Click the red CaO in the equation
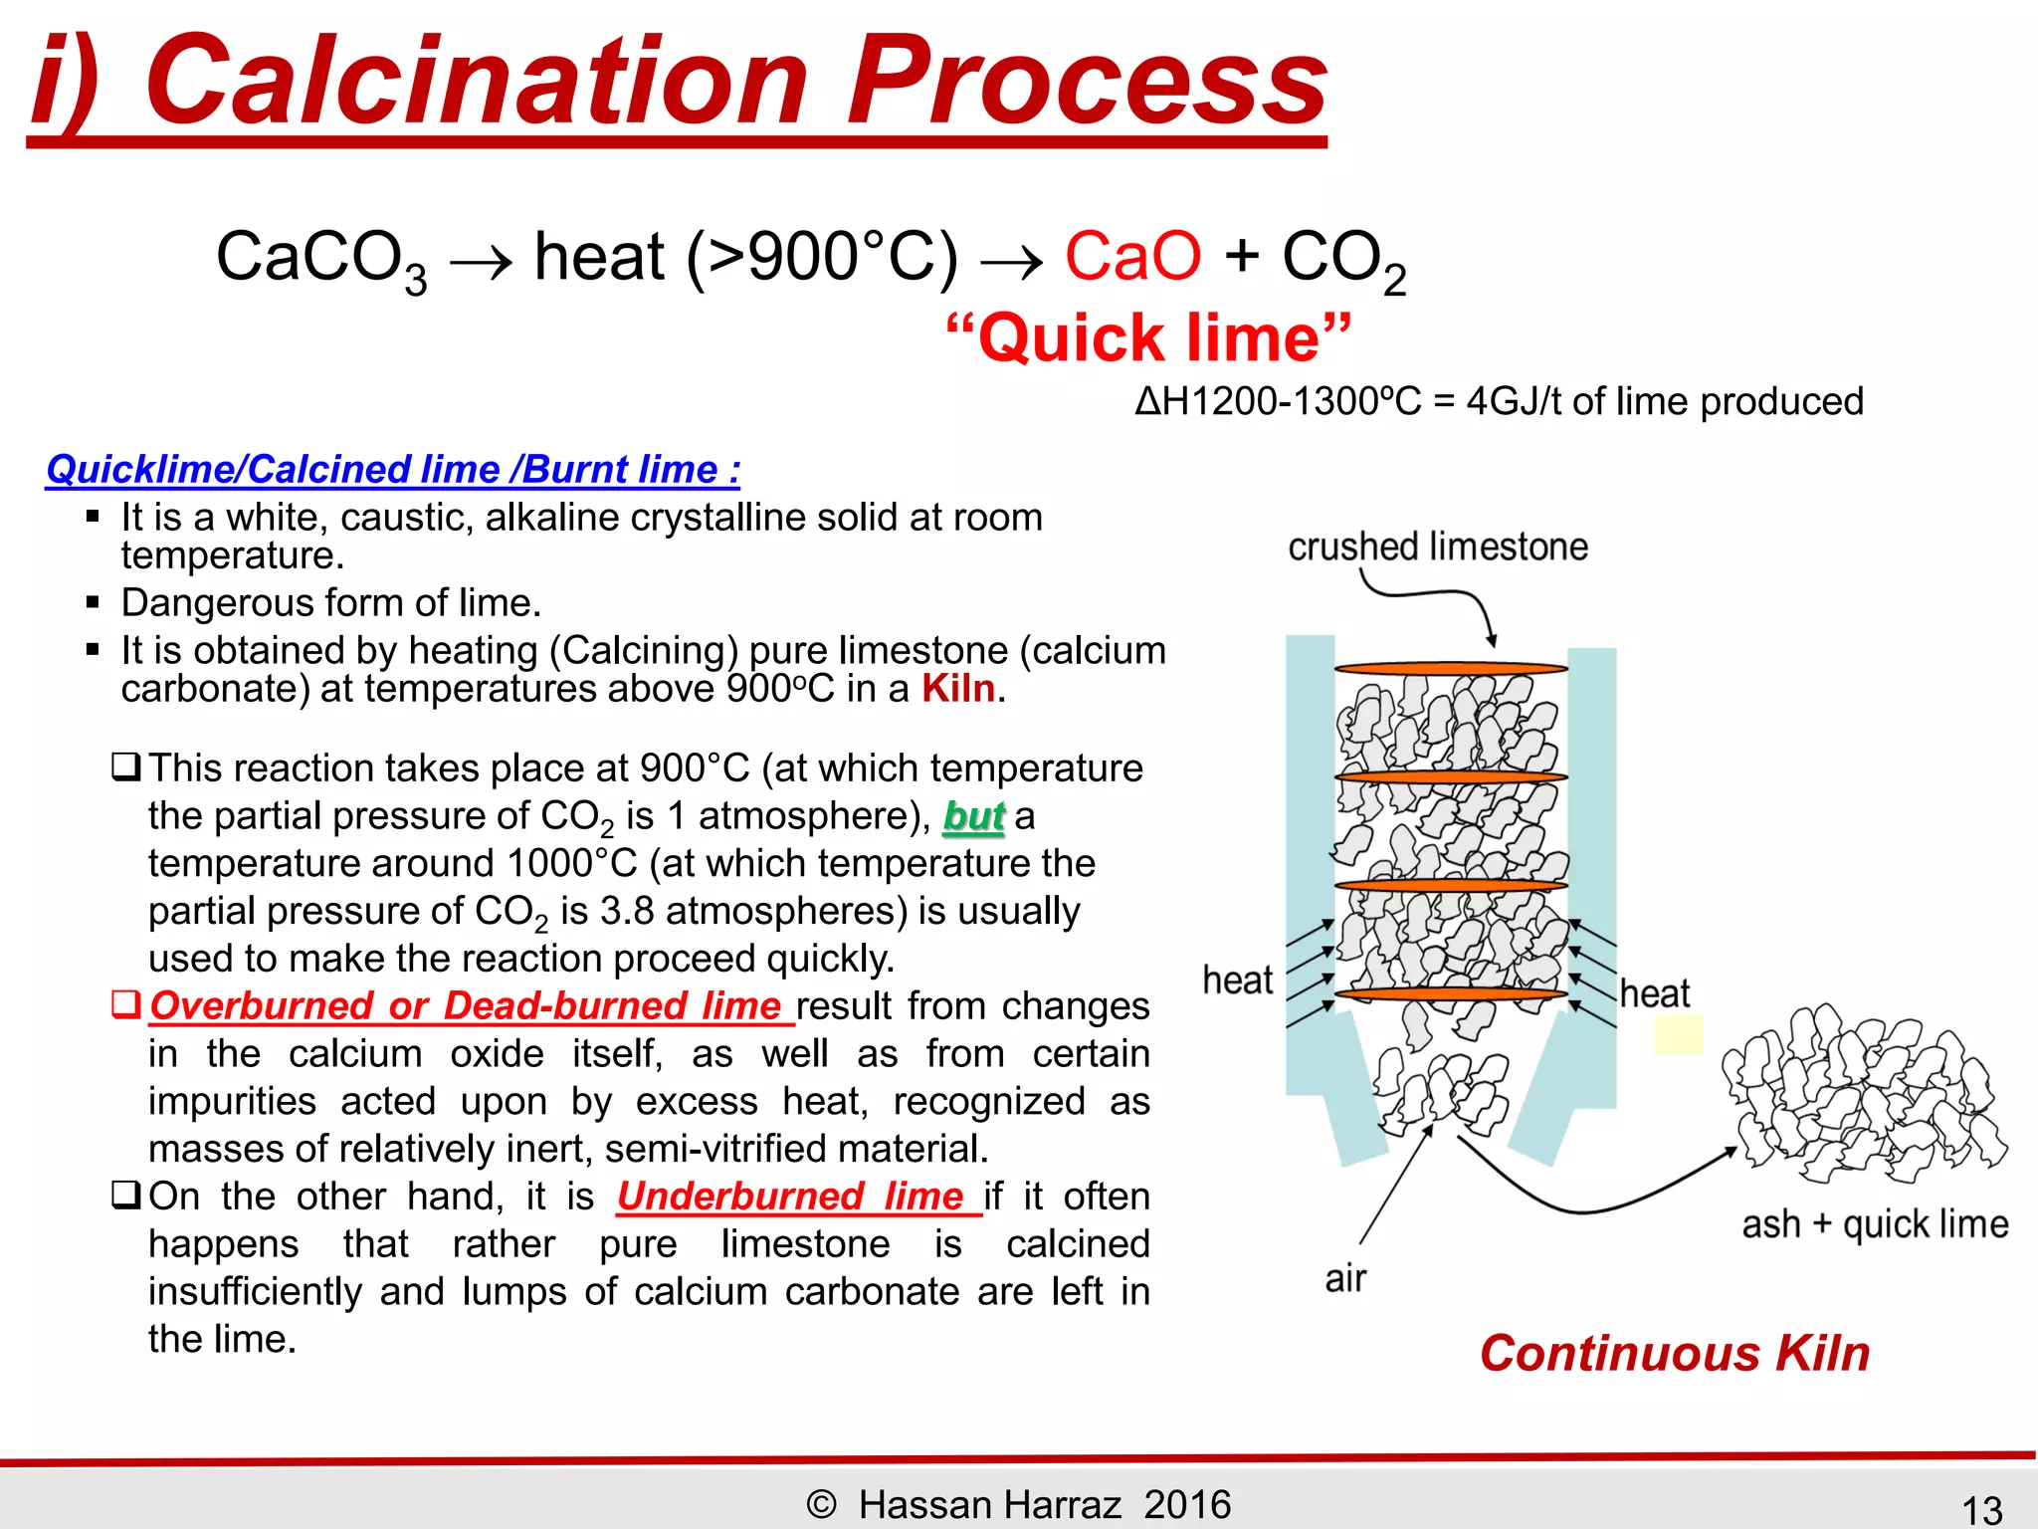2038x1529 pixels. [1132, 257]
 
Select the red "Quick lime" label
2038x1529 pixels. [1148, 338]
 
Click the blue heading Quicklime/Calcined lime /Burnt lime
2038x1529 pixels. [393, 469]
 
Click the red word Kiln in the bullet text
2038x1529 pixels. [957, 689]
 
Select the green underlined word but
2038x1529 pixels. [973, 816]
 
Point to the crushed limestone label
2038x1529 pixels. [1437, 546]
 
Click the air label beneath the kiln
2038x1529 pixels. [1345, 1278]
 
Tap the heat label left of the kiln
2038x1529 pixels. [1237, 981]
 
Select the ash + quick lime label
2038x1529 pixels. [1875, 1224]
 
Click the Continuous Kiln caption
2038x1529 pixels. [1674, 1354]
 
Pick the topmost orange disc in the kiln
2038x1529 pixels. [1450, 668]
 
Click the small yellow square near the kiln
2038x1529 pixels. [1678, 1035]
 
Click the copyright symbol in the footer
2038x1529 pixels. [821, 1504]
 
